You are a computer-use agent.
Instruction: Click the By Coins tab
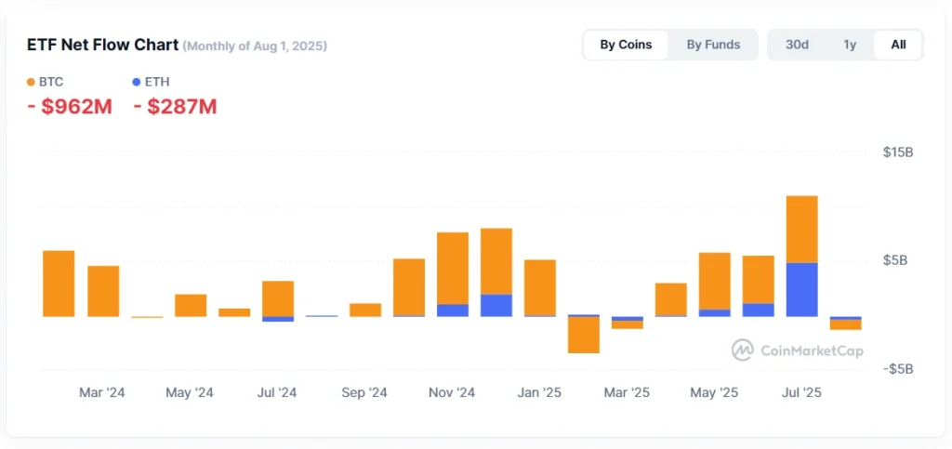pyautogui.click(x=626, y=45)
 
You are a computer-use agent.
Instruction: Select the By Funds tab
pyautogui.click(x=713, y=45)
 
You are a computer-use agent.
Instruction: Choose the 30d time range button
pyautogui.click(x=797, y=45)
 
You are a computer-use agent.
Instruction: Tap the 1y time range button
pyautogui.click(x=850, y=45)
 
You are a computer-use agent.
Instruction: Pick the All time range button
pyautogui.click(x=898, y=45)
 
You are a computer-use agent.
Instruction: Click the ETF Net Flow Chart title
pyautogui.click(x=102, y=45)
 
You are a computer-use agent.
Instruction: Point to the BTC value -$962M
pyautogui.click(x=70, y=107)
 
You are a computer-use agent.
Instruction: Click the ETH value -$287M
pyautogui.click(x=176, y=107)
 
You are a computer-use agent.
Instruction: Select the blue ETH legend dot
pyautogui.click(x=138, y=82)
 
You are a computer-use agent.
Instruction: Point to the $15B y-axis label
pyautogui.click(x=897, y=152)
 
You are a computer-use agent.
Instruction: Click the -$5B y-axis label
pyautogui.click(x=896, y=369)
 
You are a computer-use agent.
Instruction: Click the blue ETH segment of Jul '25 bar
pyautogui.click(x=801, y=290)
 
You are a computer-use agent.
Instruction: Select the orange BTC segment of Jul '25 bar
pyautogui.click(x=801, y=229)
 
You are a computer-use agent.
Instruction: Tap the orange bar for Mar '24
pyautogui.click(x=103, y=291)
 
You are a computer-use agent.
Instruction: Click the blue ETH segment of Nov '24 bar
pyautogui.click(x=453, y=310)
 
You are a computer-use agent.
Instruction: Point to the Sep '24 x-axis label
pyautogui.click(x=364, y=393)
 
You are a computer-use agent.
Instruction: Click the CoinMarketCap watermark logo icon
pyautogui.click(x=742, y=350)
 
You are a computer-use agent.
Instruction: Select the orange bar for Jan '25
pyautogui.click(x=540, y=287)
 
